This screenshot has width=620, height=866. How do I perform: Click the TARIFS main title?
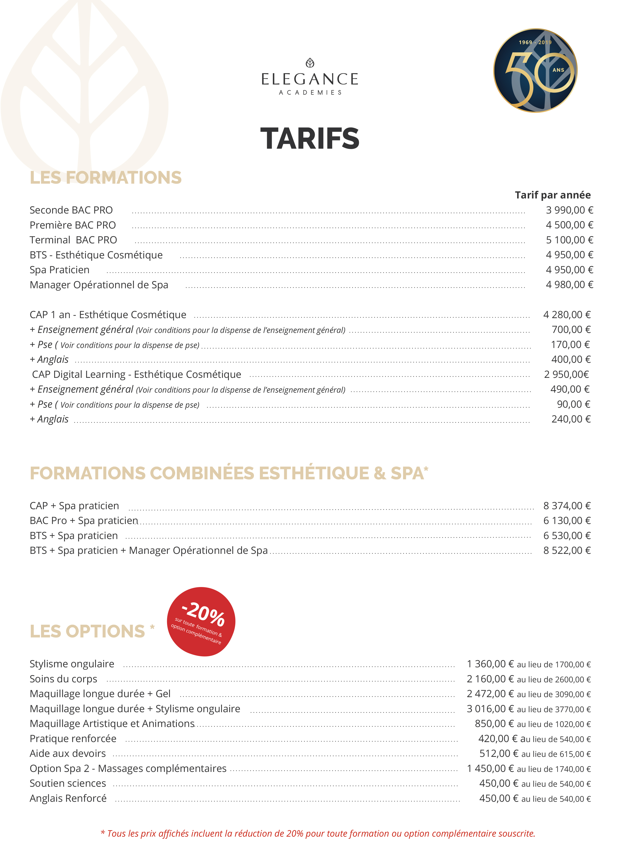tap(310, 138)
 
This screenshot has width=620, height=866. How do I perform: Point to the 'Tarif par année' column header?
tap(552, 195)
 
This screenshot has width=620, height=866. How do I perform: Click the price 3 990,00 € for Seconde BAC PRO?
tap(569, 210)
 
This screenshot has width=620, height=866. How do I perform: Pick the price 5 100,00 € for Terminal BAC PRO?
tap(569, 240)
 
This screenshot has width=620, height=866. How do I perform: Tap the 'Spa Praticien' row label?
tap(59, 270)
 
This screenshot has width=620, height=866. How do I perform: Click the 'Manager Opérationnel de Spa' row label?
tap(99, 285)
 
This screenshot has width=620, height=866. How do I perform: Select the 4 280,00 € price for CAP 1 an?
tap(567, 315)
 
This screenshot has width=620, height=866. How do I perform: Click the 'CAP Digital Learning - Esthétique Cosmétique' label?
tap(136, 374)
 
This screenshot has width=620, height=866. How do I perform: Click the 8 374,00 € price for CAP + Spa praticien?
tap(567, 506)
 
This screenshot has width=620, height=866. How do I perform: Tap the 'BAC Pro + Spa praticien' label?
tap(84, 520)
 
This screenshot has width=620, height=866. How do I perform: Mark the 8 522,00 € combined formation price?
tap(567, 550)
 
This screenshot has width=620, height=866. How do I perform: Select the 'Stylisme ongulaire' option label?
tap(72, 664)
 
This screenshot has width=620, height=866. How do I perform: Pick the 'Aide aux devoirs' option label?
tap(68, 753)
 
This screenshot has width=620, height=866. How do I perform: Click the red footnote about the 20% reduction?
tap(317, 833)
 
